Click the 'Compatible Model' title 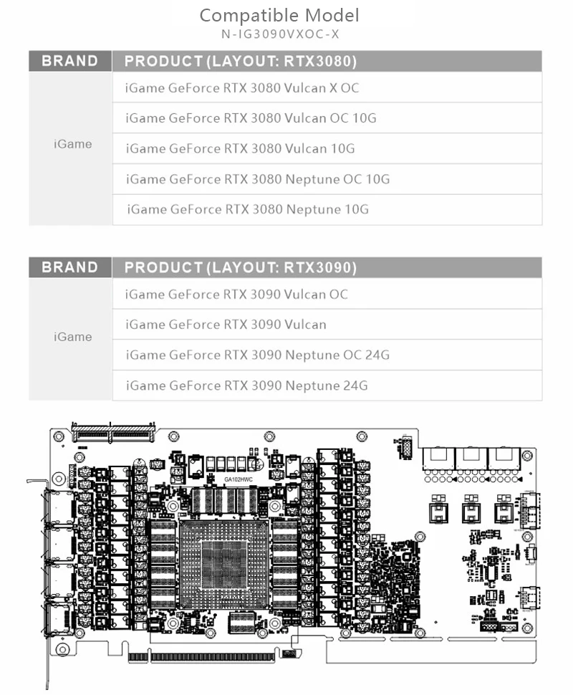point(279,15)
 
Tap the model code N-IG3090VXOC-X point(279,34)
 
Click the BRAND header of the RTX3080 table point(70,61)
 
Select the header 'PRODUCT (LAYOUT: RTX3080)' point(241,62)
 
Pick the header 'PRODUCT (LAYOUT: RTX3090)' point(241,268)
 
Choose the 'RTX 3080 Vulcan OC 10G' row point(251,118)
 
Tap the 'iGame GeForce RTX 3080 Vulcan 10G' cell point(240,149)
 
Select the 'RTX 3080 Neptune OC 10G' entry point(258,179)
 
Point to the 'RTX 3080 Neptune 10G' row point(247,210)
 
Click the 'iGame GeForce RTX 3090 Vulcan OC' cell point(236,294)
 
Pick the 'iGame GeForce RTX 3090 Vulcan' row point(226,325)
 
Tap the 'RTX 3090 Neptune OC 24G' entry point(258,355)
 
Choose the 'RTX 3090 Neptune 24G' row point(247,385)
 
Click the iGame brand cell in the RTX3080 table point(72,144)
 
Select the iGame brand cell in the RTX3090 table point(72,337)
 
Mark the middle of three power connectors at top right point(471,458)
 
